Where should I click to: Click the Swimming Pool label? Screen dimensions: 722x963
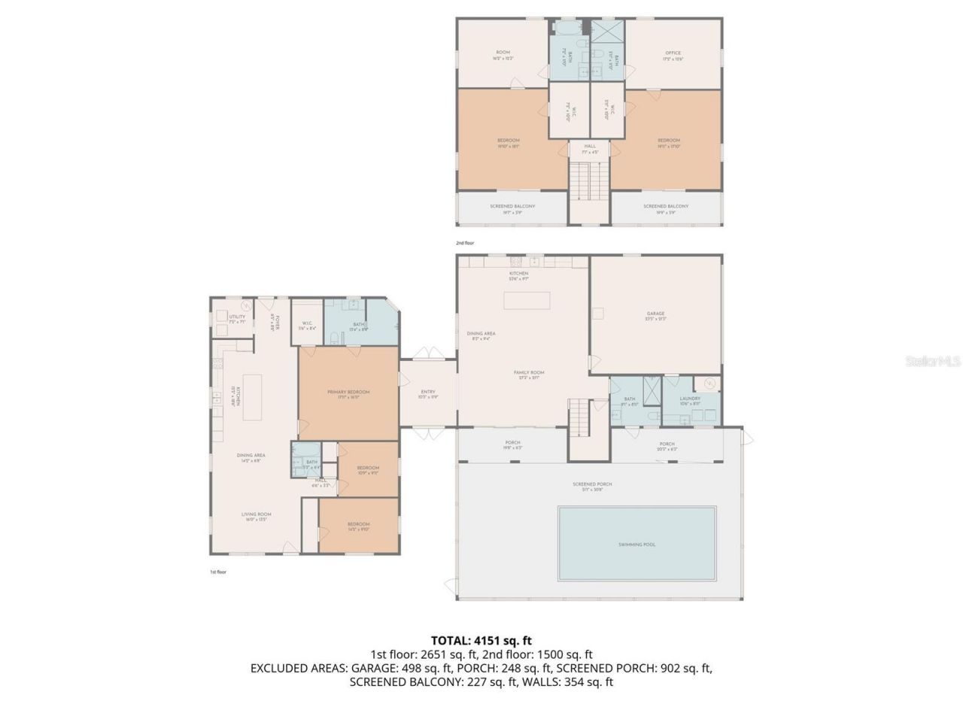(x=636, y=545)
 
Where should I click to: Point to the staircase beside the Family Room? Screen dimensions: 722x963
(x=579, y=417)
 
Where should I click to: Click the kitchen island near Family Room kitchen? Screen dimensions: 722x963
(x=527, y=300)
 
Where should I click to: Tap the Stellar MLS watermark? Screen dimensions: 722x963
(x=933, y=362)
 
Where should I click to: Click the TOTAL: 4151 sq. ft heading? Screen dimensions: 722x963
(x=481, y=641)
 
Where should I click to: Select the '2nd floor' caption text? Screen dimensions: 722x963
(x=465, y=243)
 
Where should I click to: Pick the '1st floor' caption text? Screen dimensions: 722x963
(x=217, y=572)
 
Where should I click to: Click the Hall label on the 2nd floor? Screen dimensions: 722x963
(x=590, y=148)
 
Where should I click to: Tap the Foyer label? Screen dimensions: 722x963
(x=276, y=323)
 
